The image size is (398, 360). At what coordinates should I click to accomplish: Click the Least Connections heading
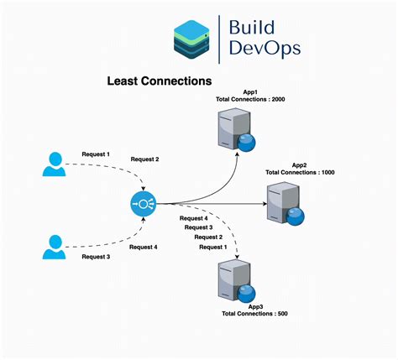[x=158, y=82]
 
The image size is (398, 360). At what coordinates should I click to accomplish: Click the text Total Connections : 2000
[x=250, y=99]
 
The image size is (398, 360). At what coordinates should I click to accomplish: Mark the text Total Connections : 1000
[x=300, y=172]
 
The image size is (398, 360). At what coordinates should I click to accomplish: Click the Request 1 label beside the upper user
[x=96, y=154]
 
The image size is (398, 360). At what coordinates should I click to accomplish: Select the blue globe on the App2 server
[x=294, y=217]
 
